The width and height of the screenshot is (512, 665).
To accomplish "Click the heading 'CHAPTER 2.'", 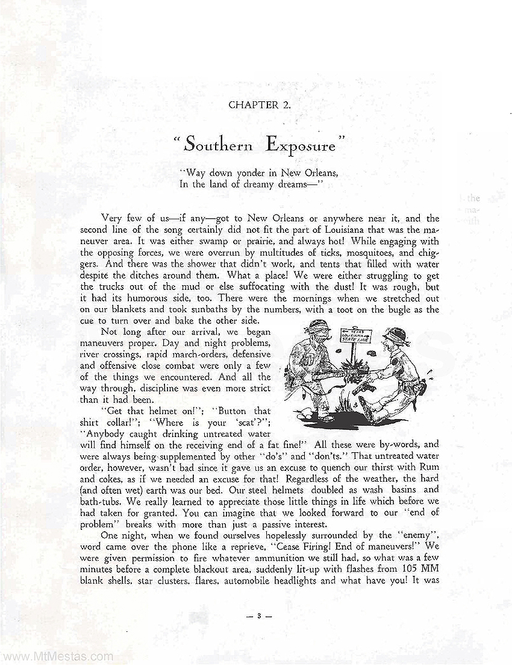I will coord(260,104).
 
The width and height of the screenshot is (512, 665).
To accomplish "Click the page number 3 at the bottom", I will coord(257,616).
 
